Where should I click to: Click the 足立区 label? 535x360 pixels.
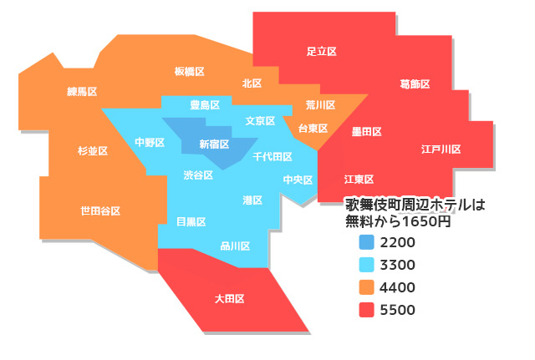pos(321,52)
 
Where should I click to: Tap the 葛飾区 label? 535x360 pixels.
pos(415,84)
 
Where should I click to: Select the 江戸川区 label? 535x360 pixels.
pos(441,149)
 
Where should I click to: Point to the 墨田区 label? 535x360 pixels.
pos(366,132)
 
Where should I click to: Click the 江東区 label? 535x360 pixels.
pos(359,180)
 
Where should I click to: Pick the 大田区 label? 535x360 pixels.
pos(229,298)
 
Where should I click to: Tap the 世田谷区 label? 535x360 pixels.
pos(100,210)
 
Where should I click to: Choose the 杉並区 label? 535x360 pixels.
pos(93,151)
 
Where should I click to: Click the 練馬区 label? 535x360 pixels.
pos(83,91)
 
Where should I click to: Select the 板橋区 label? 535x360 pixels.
pos(190,72)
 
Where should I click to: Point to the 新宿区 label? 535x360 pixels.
pos(214,144)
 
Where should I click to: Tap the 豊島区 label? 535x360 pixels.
pos(205,105)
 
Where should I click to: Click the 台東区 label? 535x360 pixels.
pos(313,129)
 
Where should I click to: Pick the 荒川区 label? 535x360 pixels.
pos(320,105)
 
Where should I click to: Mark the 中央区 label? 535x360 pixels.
pos(298,180)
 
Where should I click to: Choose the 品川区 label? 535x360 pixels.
pos(235,246)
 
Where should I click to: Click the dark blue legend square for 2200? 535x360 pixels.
pos(366,243)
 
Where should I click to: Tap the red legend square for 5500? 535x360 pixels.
pos(366,310)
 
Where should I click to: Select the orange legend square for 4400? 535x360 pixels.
pos(366,287)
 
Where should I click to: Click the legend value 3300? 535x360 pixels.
pos(397,266)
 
